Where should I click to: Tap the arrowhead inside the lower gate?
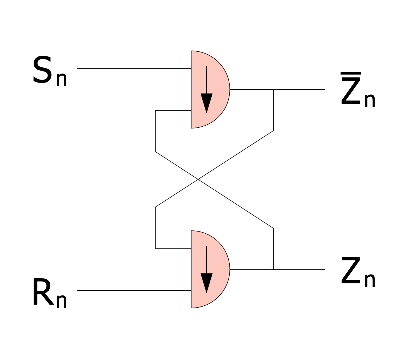click(206, 283)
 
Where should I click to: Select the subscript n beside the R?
click(62, 301)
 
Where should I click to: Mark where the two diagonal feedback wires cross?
click(198, 179)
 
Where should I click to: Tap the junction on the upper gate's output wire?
click(274, 90)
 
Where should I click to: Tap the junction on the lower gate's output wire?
click(274, 269)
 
